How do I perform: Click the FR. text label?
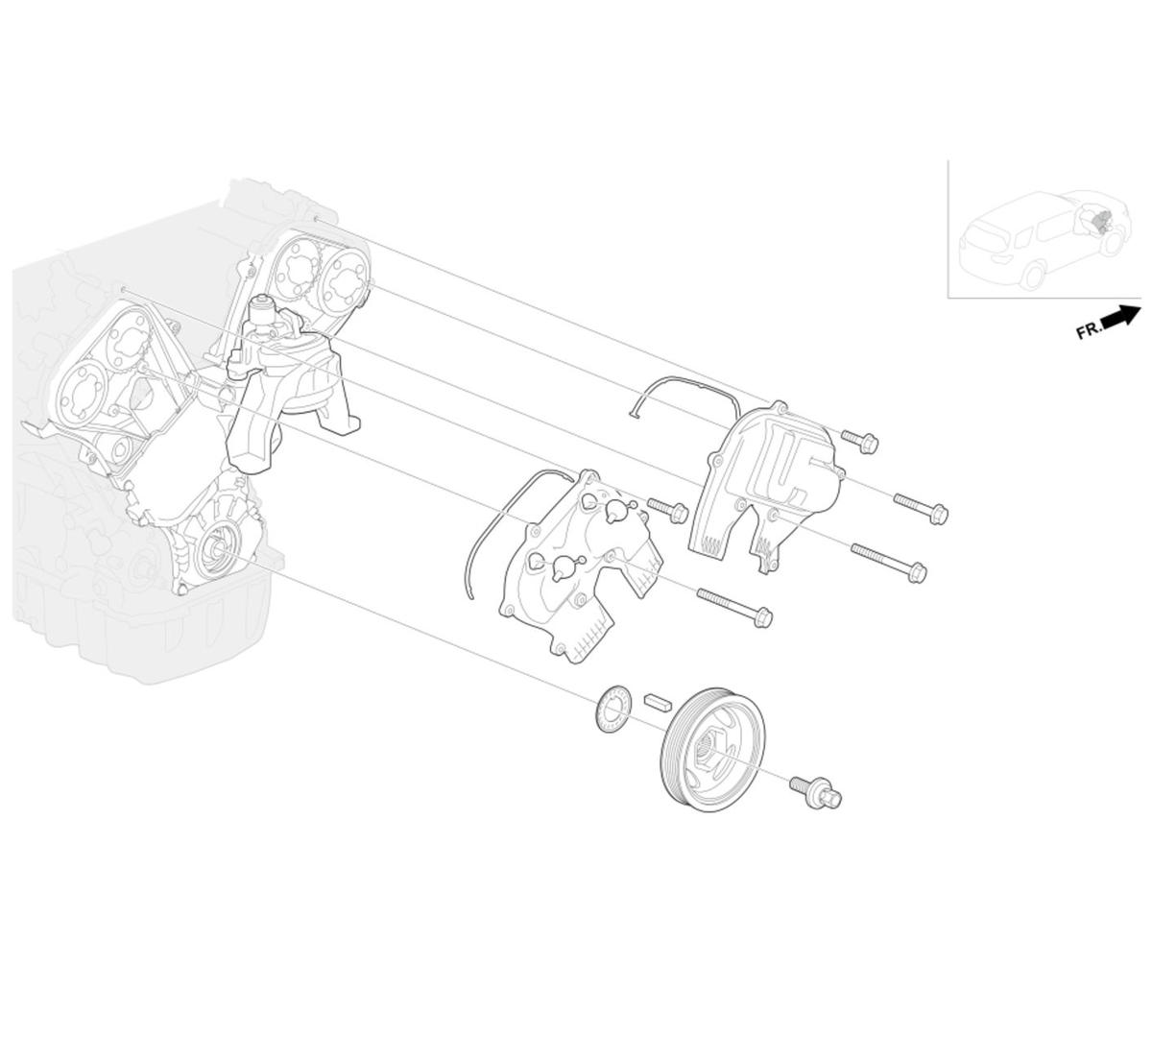(x=1089, y=331)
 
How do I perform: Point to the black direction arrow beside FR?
(x=1121, y=317)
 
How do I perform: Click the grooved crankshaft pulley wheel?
(x=712, y=749)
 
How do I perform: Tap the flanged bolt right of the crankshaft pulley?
(x=816, y=792)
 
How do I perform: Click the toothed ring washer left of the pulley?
(x=613, y=709)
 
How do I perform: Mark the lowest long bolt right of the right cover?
(x=889, y=564)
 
